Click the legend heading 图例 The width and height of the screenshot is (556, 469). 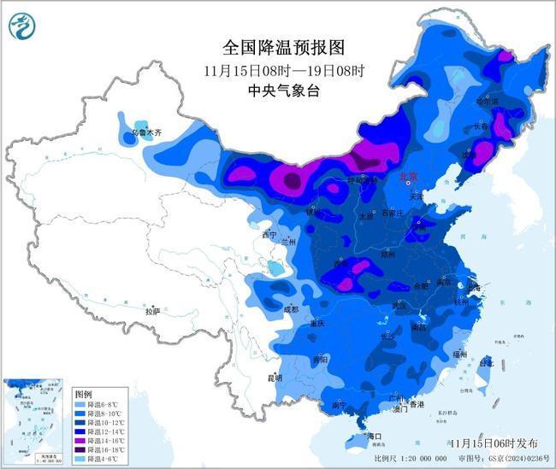(x=83, y=394)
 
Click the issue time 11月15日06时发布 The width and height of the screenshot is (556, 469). (x=494, y=443)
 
